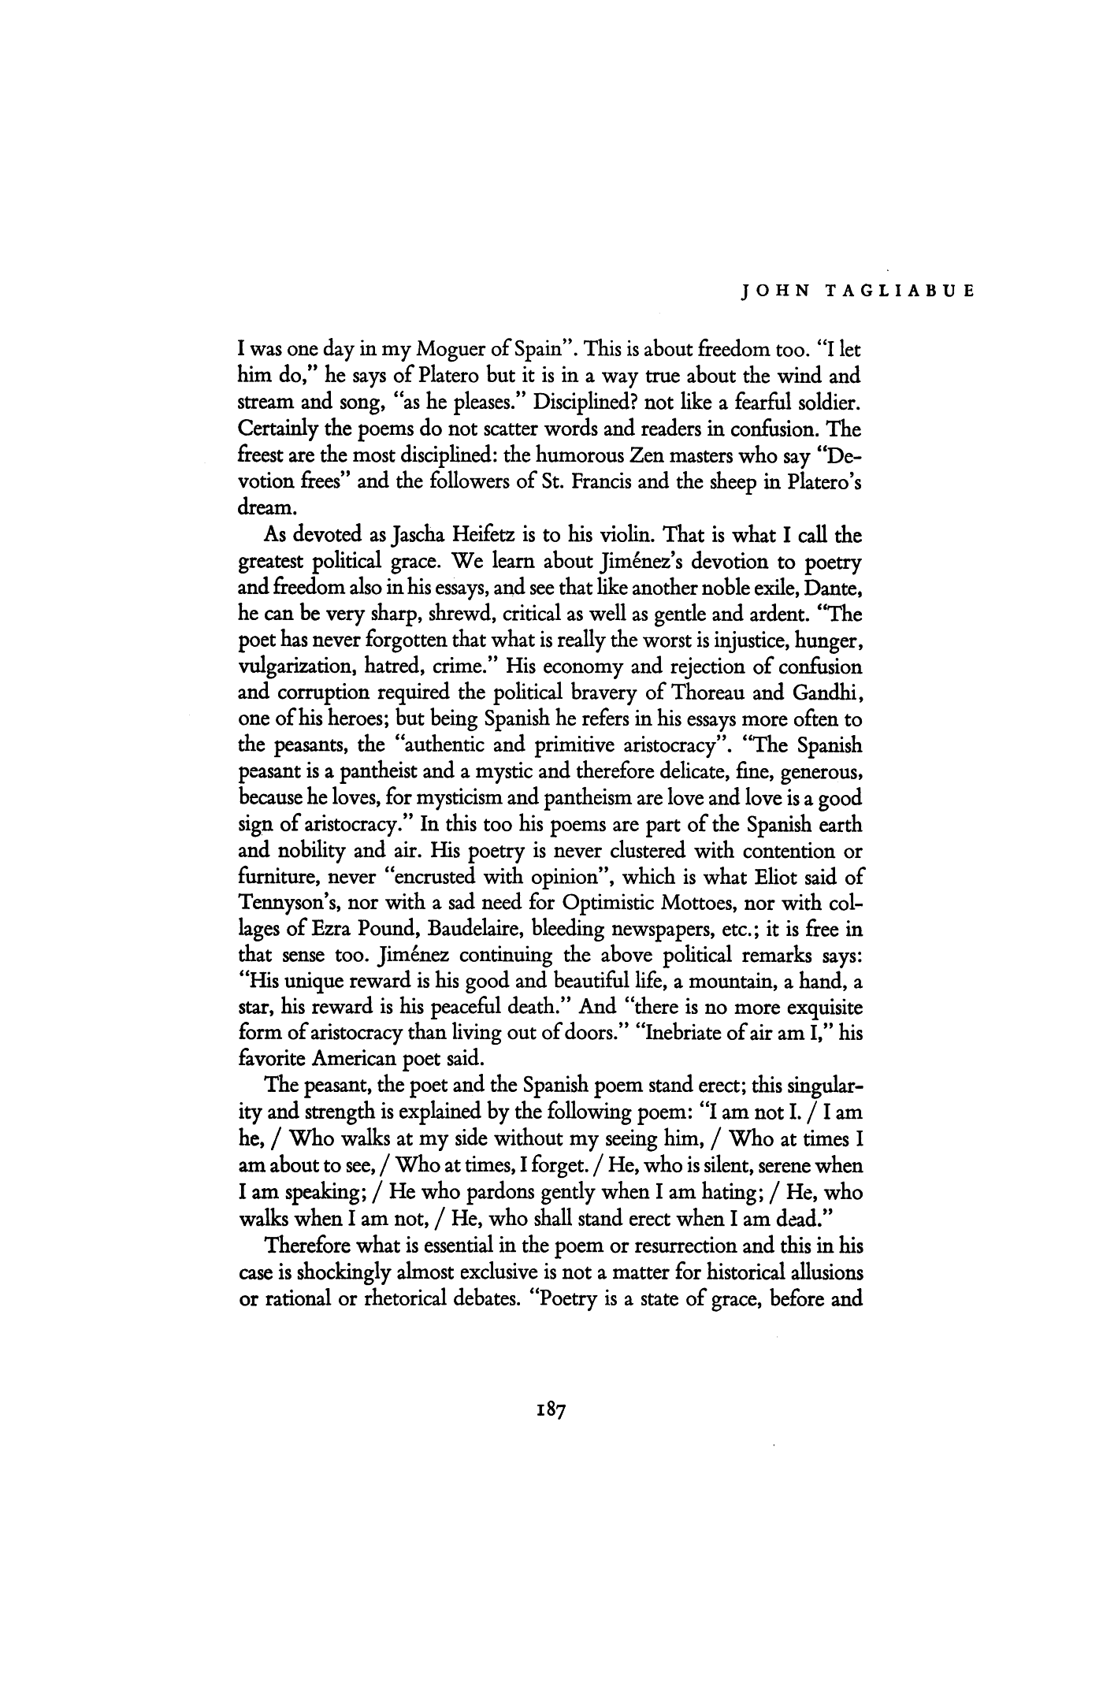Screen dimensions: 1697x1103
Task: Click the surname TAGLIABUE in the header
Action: pos(898,288)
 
